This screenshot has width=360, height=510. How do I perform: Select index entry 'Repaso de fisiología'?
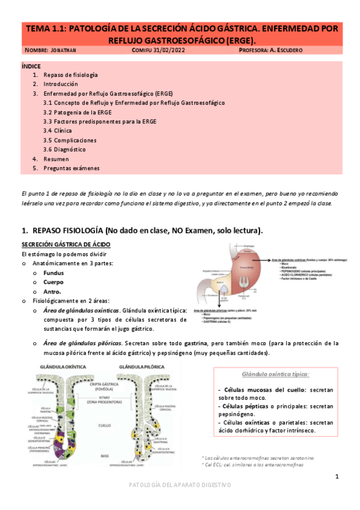[x=71, y=75]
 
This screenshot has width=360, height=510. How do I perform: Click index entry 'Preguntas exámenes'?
[x=72, y=168]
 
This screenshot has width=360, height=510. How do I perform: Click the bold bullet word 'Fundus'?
[x=53, y=273]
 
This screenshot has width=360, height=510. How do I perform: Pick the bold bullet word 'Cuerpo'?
[x=53, y=282]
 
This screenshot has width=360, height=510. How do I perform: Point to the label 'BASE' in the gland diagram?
[x=104, y=455]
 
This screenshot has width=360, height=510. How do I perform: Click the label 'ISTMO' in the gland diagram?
[x=104, y=398]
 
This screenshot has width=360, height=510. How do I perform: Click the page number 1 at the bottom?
[x=337, y=476]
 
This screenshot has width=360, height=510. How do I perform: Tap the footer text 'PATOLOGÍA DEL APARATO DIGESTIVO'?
[x=180, y=485]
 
